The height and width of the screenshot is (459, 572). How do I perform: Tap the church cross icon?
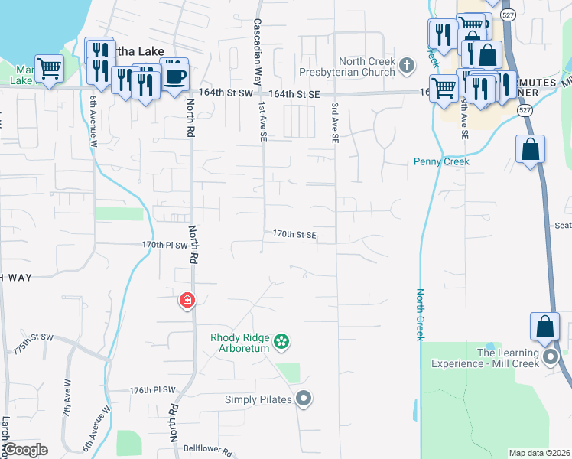pos(407,66)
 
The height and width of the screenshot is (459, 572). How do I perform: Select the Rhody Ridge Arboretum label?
pos(241,343)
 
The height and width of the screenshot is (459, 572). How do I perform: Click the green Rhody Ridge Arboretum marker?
pos(281,341)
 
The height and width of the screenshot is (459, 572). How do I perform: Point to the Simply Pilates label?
pos(258,399)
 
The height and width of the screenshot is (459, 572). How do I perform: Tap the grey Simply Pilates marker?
pos(304,398)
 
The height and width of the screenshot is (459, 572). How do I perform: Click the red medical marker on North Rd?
pos(187,301)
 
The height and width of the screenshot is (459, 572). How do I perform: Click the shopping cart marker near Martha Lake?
pos(49,69)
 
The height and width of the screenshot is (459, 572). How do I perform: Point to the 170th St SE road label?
pos(294,235)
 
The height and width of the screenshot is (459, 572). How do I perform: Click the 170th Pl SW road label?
pos(164,245)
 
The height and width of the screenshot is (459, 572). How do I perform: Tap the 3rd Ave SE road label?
pos(335,123)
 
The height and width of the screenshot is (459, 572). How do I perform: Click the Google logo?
pos(24,450)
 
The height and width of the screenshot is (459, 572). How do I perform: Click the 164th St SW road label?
pos(225,93)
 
